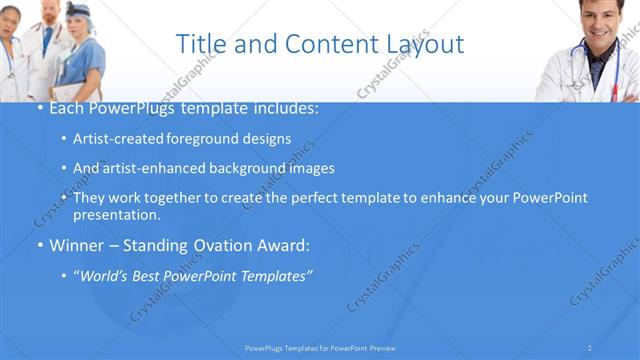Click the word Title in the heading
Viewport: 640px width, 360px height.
[x=198, y=44]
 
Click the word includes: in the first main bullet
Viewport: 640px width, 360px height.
[x=288, y=106]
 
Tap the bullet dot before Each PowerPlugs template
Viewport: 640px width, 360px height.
[x=39, y=106]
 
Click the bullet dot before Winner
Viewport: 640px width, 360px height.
[x=39, y=245]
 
